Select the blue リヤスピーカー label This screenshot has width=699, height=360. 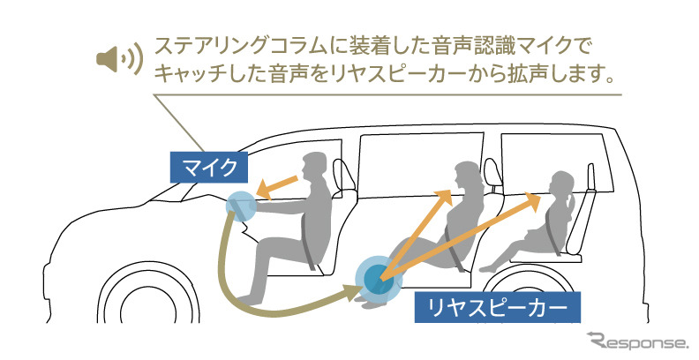500,308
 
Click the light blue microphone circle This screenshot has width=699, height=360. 240,205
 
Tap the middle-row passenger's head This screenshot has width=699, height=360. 464,174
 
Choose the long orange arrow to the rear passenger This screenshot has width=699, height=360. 468,236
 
